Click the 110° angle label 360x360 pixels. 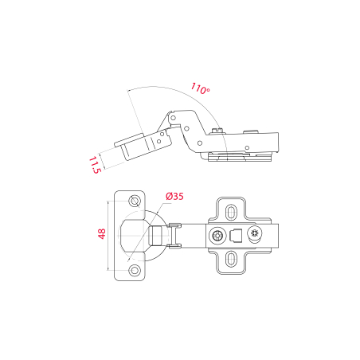200,88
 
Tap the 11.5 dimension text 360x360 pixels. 95,165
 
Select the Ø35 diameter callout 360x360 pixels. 174,196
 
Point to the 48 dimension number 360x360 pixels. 102,234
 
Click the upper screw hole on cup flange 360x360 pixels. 135,201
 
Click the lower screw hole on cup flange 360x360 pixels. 135,270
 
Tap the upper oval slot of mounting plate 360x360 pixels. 231,212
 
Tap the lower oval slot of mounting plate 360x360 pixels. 231,259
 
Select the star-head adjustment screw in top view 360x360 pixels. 255,233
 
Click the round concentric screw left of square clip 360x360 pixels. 217,236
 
